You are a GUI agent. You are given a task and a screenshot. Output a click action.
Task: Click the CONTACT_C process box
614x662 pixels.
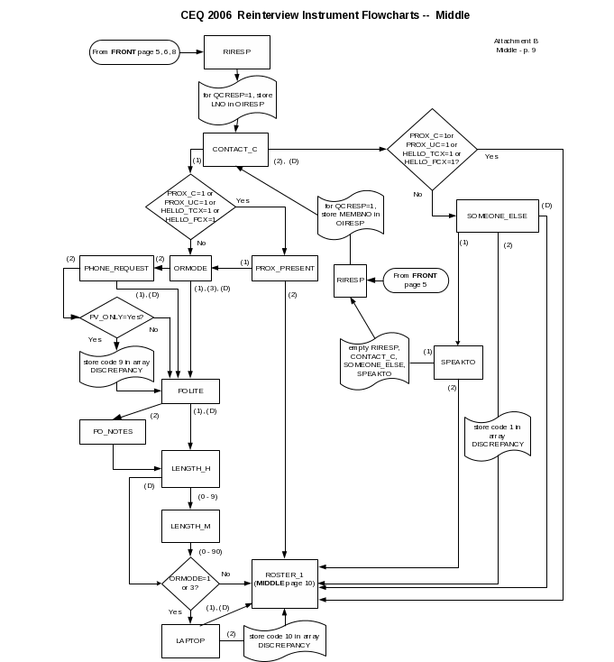235,150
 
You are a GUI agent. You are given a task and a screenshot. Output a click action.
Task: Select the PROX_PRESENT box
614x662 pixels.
285,268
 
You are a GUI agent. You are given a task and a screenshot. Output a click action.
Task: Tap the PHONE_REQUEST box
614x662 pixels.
116,268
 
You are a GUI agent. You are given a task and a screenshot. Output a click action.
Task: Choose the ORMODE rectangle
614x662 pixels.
190,268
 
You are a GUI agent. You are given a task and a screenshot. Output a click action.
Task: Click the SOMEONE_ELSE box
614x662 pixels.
498,216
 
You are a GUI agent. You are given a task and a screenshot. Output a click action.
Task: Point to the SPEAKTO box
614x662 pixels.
458,363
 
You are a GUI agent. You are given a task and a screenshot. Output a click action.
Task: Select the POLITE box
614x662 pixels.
190,391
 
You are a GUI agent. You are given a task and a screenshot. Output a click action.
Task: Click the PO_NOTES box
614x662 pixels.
113,431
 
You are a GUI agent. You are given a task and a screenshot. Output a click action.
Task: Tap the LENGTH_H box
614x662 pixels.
190,469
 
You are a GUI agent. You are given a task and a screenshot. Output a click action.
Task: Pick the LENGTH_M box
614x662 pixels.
190,526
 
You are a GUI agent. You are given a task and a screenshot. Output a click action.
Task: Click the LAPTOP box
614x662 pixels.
190,641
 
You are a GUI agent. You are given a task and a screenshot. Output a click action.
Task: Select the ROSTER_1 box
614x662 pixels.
285,584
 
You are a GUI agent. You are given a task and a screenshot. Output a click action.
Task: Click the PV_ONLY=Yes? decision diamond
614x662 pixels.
117,317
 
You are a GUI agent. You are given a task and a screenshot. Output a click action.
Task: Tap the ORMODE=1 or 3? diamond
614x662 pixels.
190,584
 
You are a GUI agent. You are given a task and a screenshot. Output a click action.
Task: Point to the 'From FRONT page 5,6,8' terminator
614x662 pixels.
134,52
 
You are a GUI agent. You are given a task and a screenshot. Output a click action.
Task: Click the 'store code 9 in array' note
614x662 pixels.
116,366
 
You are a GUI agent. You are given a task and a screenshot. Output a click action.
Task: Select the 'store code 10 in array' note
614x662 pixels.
285,640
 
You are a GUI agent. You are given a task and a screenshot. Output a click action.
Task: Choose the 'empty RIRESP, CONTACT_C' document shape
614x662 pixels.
374,362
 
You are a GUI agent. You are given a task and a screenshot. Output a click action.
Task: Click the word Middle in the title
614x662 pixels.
453,15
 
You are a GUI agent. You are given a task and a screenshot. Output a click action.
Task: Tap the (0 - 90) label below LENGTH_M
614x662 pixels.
210,551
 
